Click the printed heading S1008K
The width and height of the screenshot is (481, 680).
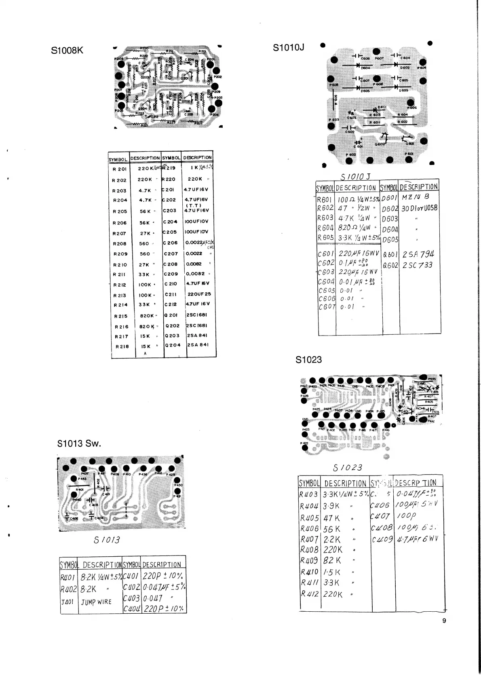point(67,51)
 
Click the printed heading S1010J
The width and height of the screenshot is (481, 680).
point(288,48)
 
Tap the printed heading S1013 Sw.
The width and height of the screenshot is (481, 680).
point(79,443)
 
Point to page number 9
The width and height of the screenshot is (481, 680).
point(444,621)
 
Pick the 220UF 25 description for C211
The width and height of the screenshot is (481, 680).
point(199,294)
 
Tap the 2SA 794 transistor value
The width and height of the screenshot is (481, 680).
point(418,255)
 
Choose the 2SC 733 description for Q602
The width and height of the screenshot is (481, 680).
point(417,265)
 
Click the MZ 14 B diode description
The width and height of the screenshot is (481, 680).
point(415,197)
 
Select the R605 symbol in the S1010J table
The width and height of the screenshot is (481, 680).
point(325,238)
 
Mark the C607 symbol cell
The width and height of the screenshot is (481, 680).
point(327,307)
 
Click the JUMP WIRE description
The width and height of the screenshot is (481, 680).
point(96,602)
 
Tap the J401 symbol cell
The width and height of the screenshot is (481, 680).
point(68,602)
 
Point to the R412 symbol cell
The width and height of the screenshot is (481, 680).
point(310,594)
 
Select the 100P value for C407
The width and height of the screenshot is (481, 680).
point(406,516)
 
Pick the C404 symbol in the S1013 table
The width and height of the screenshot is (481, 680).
point(132,609)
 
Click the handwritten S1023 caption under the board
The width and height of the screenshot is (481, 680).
point(347,468)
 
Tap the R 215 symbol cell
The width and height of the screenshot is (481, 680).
point(121,317)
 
